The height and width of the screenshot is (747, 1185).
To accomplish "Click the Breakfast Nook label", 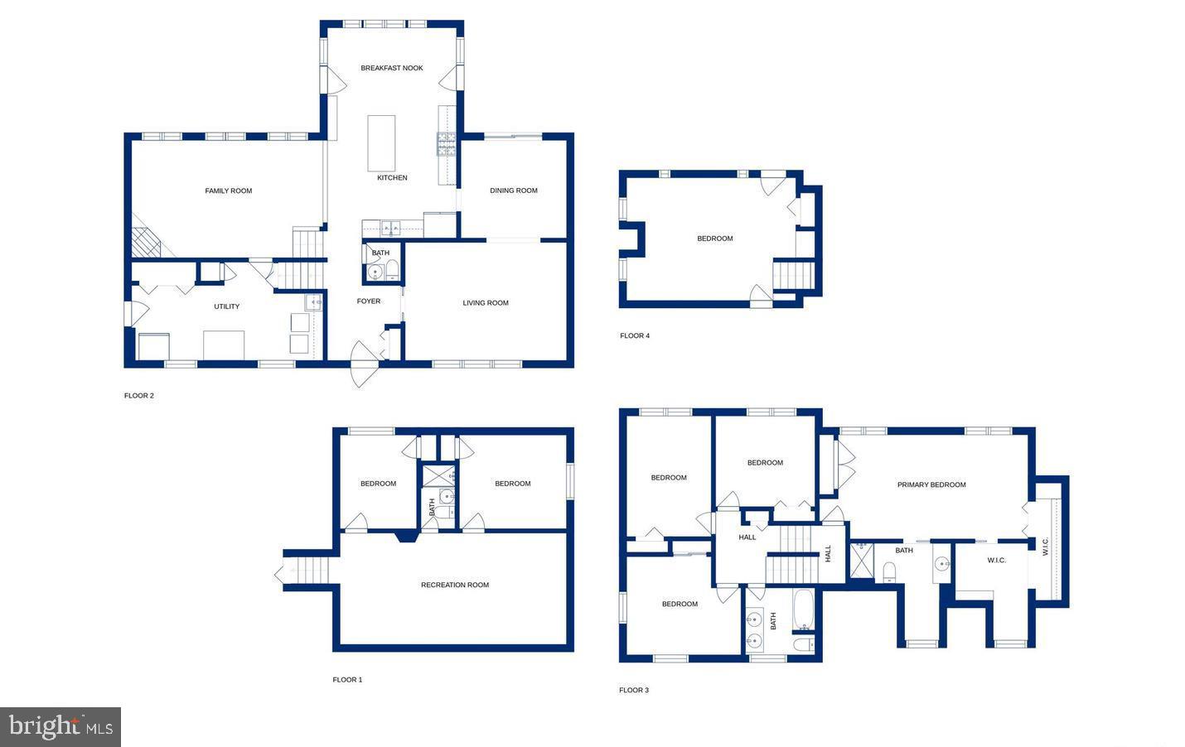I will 392,68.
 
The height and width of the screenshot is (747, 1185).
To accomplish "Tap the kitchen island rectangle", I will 381,143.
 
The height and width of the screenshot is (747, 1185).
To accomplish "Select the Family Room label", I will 229,191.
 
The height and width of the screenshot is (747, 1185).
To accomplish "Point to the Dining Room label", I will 514,190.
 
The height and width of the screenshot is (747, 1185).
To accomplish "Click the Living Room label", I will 486,303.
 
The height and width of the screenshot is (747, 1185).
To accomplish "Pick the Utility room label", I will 227,306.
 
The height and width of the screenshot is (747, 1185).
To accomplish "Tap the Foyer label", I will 369,301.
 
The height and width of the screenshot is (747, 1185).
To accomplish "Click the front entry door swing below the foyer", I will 363,365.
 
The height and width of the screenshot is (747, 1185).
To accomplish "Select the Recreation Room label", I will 455,585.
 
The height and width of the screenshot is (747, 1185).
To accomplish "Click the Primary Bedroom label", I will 931,484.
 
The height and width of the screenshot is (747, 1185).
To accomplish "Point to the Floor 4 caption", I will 635,335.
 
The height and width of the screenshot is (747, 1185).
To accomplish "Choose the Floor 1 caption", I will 347,680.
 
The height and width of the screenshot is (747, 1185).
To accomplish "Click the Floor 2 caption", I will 139,396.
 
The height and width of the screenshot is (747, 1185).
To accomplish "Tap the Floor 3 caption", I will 634,690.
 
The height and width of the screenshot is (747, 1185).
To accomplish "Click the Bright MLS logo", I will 60,727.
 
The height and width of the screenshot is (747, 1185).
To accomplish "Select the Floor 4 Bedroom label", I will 715,239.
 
